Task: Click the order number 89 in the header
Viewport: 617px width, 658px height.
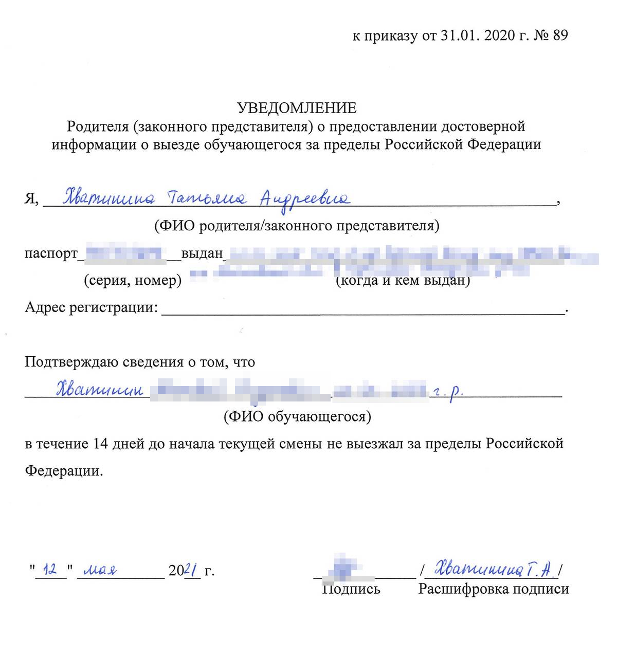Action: [560, 35]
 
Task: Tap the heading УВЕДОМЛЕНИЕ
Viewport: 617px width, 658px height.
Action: [297, 107]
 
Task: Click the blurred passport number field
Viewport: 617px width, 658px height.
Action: [123, 253]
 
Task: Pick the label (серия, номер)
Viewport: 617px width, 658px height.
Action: [133, 281]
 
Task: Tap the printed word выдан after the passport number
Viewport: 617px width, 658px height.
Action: [202, 253]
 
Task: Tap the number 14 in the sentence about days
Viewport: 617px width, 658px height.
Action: [99, 444]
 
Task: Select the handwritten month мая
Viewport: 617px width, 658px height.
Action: [100, 570]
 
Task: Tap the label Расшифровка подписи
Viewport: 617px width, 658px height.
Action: [494, 589]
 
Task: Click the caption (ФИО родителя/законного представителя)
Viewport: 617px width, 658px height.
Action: [297, 226]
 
